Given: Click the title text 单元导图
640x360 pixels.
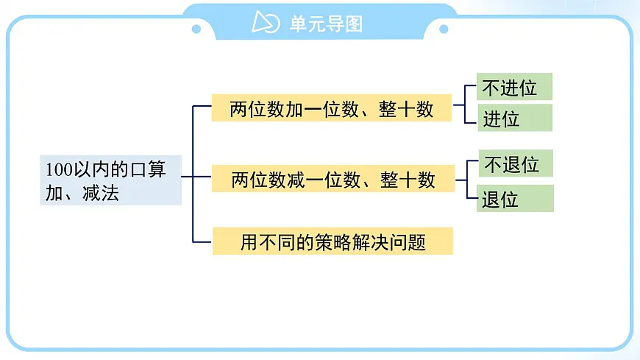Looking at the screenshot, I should [326, 24].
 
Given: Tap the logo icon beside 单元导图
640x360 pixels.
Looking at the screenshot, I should [266, 23].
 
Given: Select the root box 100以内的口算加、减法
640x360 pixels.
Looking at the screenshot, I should [110, 181].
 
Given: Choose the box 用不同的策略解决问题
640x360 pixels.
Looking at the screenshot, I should [333, 241].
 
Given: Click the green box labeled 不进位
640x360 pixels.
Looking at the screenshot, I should [513, 87].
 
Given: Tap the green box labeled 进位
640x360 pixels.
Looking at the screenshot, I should [513, 118].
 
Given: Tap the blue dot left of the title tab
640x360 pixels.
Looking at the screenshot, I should [196, 29].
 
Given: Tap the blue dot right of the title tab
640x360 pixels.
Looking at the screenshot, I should [444, 29].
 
